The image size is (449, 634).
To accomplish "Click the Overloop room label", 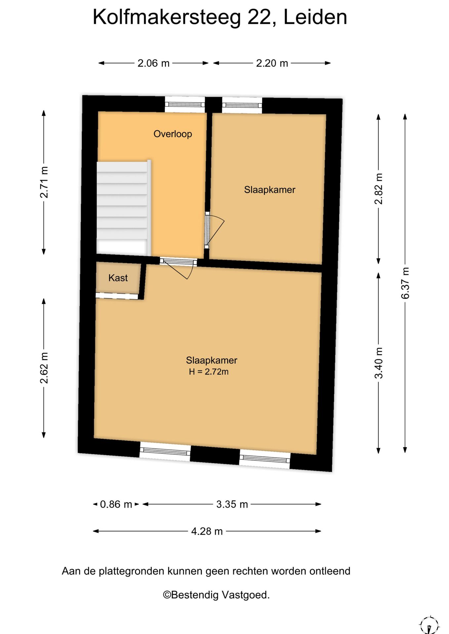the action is (x=173, y=134).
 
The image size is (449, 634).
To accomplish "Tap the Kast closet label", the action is (x=118, y=278).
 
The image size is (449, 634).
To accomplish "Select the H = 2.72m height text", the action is (x=209, y=372).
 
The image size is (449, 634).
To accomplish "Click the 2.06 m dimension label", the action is (x=153, y=63).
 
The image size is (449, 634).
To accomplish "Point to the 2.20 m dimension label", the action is (x=272, y=63).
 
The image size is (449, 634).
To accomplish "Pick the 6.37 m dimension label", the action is (x=405, y=283).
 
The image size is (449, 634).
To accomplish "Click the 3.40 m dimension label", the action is (x=379, y=363).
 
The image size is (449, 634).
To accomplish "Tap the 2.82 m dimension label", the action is (x=379, y=189).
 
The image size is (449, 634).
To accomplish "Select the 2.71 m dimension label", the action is (x=44, y=182).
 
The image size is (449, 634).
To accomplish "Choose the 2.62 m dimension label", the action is (x=44, y=368).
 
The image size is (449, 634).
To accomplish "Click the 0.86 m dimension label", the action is (x=116, y=504).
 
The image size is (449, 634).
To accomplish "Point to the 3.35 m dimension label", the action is (x=232, y=504).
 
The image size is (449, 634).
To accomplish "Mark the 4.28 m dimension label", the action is (x=207, y=531).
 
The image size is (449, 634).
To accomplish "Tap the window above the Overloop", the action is (x=185, y=105).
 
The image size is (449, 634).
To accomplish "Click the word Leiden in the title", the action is (x=315, y=17).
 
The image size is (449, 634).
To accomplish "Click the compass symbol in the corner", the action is (x=429, y=625).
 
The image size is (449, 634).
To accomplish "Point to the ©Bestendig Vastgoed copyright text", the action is (x=216, y=595).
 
